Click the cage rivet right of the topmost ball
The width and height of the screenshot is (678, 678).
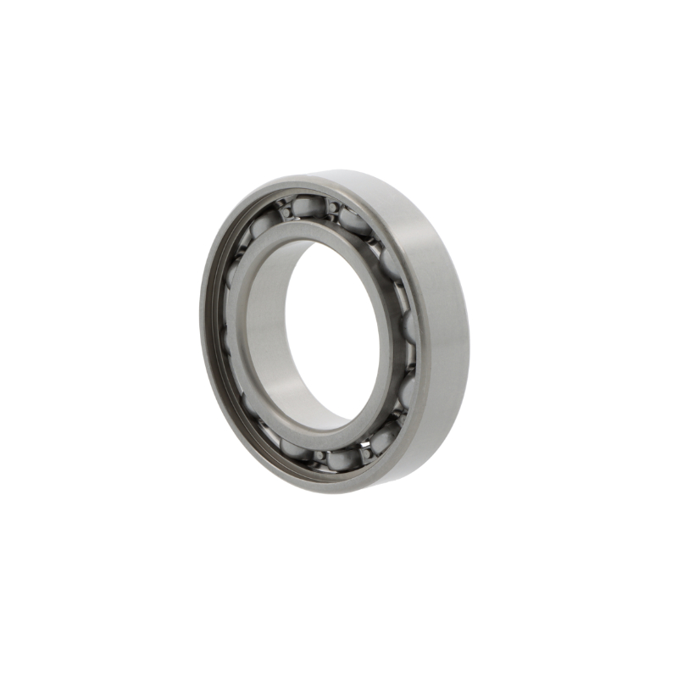pos(333,206)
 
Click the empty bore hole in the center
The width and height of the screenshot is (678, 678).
pos(335,331)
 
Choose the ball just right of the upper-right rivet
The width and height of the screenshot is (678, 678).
pos(355,221)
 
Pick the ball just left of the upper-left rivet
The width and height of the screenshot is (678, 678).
pos(263,222)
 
